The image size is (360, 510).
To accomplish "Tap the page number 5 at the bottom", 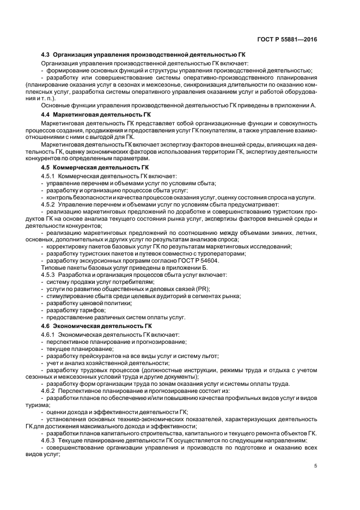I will point(316,466).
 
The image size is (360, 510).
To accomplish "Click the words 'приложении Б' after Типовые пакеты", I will point(176,268).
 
